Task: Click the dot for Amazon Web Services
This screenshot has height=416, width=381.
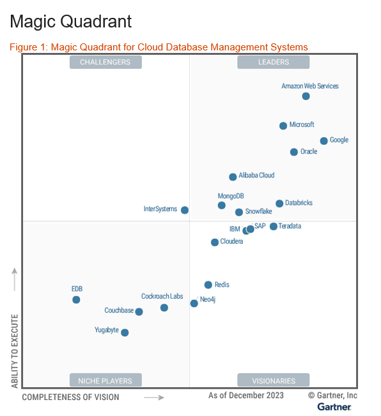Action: [x=306, y=96]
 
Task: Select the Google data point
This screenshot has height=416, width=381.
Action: [x=324, y=141]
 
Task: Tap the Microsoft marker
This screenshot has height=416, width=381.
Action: [x=283, y=126]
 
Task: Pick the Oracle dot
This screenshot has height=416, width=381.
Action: [x=294, y=152]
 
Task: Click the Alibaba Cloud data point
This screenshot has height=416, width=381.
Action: [x=233, y=177]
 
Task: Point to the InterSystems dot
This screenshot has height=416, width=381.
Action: [x=185, y=210]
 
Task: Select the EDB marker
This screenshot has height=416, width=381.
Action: [x=76, y=300]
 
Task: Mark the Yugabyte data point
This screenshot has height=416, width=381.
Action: [x=125, y=332]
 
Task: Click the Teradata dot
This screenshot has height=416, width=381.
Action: [x=274, y=227]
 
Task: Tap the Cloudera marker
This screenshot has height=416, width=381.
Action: [x=215, y=242]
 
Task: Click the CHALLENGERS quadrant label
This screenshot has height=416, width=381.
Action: [x=105, y=62]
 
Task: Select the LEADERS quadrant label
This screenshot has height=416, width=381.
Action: [x=274, y=62]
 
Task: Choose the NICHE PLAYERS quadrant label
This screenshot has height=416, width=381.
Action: [x=105, y=381]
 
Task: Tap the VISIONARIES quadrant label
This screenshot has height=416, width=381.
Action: [x=274, y=381]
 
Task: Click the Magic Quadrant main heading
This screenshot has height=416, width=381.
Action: [x=71, y=22]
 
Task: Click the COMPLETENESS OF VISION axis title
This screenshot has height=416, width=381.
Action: [x=70, y=397]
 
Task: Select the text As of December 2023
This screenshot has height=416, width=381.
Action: [x=246, y=396]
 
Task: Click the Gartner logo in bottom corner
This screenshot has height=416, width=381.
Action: [x=334, y=407]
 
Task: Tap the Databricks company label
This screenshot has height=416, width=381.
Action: [x=299, y=203]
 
